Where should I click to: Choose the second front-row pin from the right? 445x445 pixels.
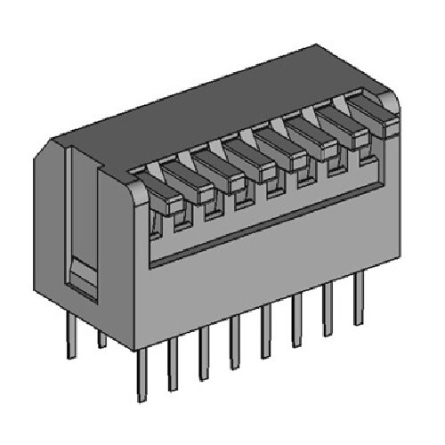click(x=328, y=311)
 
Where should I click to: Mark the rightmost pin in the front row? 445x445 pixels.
click(x=359, y=299)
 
